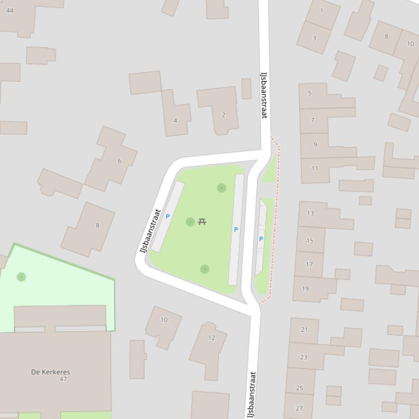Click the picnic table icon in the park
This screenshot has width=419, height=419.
(x=202, y=221)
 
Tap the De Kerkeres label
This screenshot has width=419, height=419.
(x=51, y=372)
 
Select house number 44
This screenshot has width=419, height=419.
(x=9, y=10)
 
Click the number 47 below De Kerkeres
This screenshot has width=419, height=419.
(x=63, y=379)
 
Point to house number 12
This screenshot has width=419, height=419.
(x=211, y=338)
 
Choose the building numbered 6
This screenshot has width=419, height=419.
(x=119, y=161)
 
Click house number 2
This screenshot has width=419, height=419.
(x=223, y=115)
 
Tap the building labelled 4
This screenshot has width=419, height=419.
(x=175, y=120)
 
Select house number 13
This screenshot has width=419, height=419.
(x=310, y=213)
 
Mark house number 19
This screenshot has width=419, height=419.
(x=305, y=288)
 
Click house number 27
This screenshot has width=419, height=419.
(x=299, y=408)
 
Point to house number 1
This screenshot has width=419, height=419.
(x=321, y=10)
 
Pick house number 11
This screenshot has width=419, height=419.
(x=314, y=169)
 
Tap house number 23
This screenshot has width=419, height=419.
(x=303, y=358)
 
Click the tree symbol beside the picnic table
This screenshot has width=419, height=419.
(x=190, y=222)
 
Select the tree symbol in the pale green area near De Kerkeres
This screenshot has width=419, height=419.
(x=21, y=277)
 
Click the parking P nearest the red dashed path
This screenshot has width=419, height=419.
(x=261, y=239)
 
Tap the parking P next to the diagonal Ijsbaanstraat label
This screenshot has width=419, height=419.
(x=167, y=217)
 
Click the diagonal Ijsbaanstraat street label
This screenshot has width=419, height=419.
(x=150, y=231)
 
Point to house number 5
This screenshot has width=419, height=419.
(x=309, y=93)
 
